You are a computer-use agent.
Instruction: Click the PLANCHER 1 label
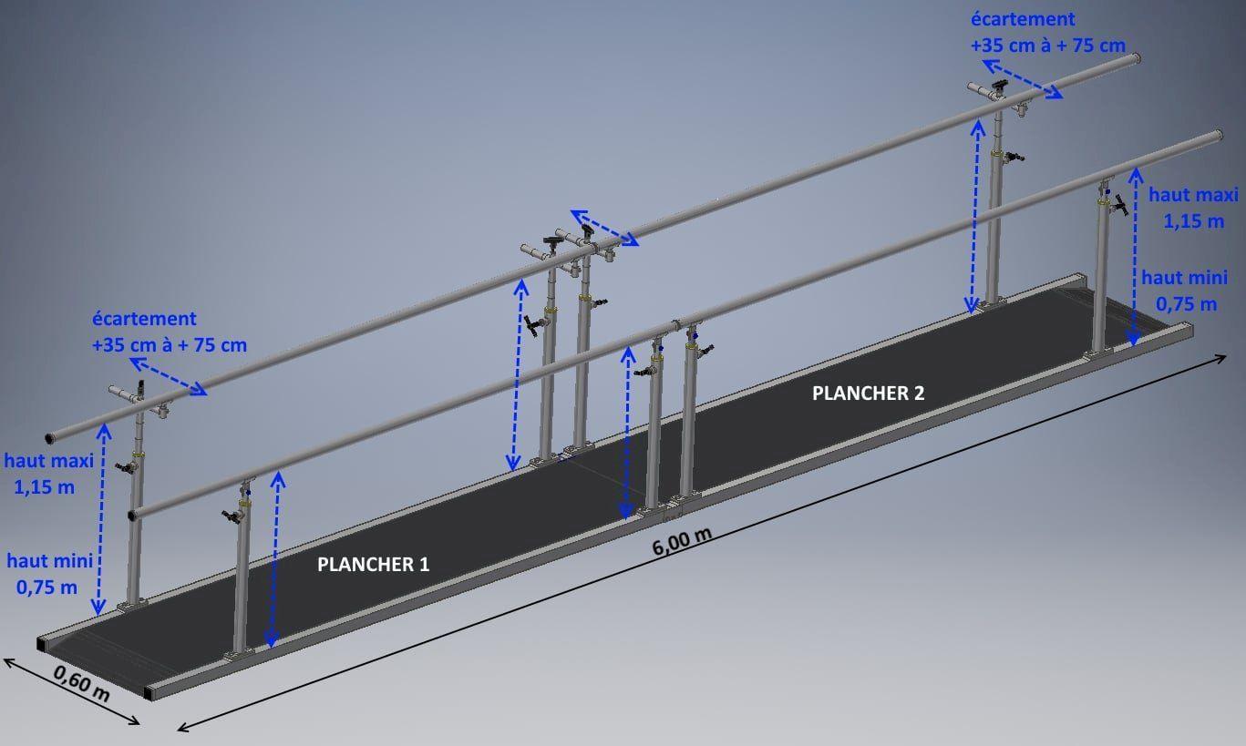coord(373,565)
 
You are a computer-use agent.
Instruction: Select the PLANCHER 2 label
coord(868,393)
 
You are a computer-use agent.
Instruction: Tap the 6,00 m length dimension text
coord(682,545)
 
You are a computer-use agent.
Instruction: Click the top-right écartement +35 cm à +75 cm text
coord(1046,32)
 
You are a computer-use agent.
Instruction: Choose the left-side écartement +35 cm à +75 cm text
coord(169,332)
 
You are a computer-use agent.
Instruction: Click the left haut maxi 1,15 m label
coord(49,473)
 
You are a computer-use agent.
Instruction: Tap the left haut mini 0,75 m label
coord(46,573)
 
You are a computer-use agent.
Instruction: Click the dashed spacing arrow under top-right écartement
coord(1022,78)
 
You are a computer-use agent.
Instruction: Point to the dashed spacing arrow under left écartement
coord(168,377)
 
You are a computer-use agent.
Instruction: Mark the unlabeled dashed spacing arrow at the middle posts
coord(604,228)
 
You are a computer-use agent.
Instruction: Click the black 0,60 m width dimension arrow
coord(71,690)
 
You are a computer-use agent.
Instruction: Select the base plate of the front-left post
coord(239,653)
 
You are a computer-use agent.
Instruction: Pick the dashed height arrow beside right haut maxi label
coord(1134,255)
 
